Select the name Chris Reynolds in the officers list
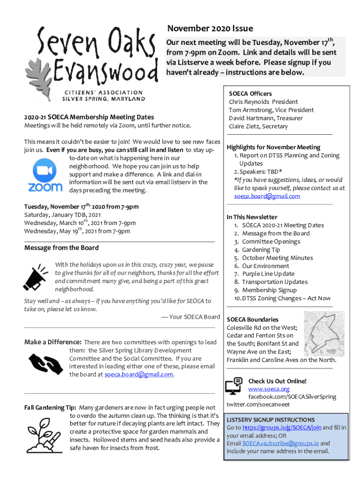(249, 102)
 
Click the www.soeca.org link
(269, 389)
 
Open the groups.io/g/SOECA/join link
(281, 428)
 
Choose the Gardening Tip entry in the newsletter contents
(261, 250)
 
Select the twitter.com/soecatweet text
(258, 405)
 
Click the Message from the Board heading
(61, 248)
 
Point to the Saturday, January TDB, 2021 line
(63, 215)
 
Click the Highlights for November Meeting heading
(274, 147)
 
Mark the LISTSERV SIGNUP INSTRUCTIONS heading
(271, 420)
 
